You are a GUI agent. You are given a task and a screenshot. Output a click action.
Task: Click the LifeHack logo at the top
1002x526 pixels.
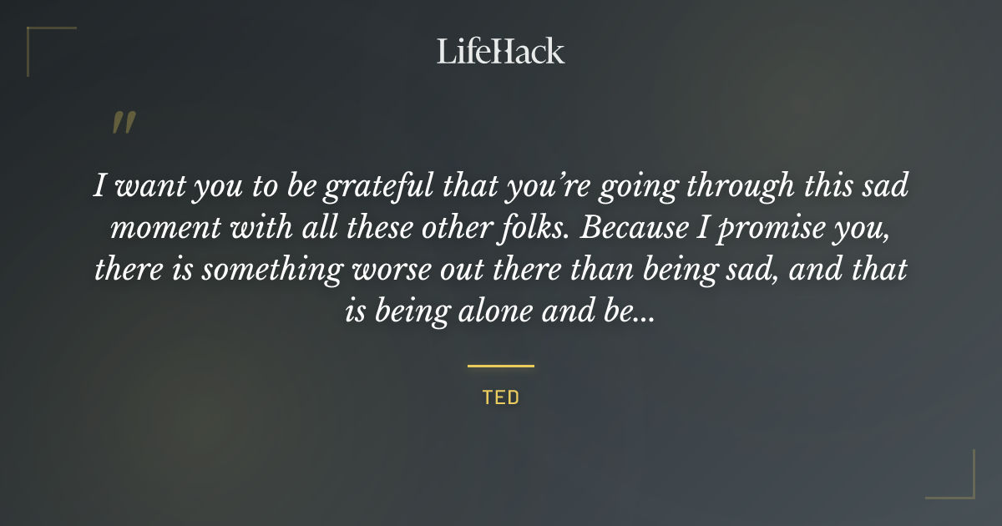(500, 51)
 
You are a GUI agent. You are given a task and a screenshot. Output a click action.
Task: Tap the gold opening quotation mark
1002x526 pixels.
(124, 123)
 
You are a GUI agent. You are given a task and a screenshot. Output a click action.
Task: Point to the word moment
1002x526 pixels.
(158, 229)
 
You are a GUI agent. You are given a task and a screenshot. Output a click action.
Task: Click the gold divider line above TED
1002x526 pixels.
(500, 366)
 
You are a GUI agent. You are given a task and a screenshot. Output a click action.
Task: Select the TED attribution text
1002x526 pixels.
(500, 397)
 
